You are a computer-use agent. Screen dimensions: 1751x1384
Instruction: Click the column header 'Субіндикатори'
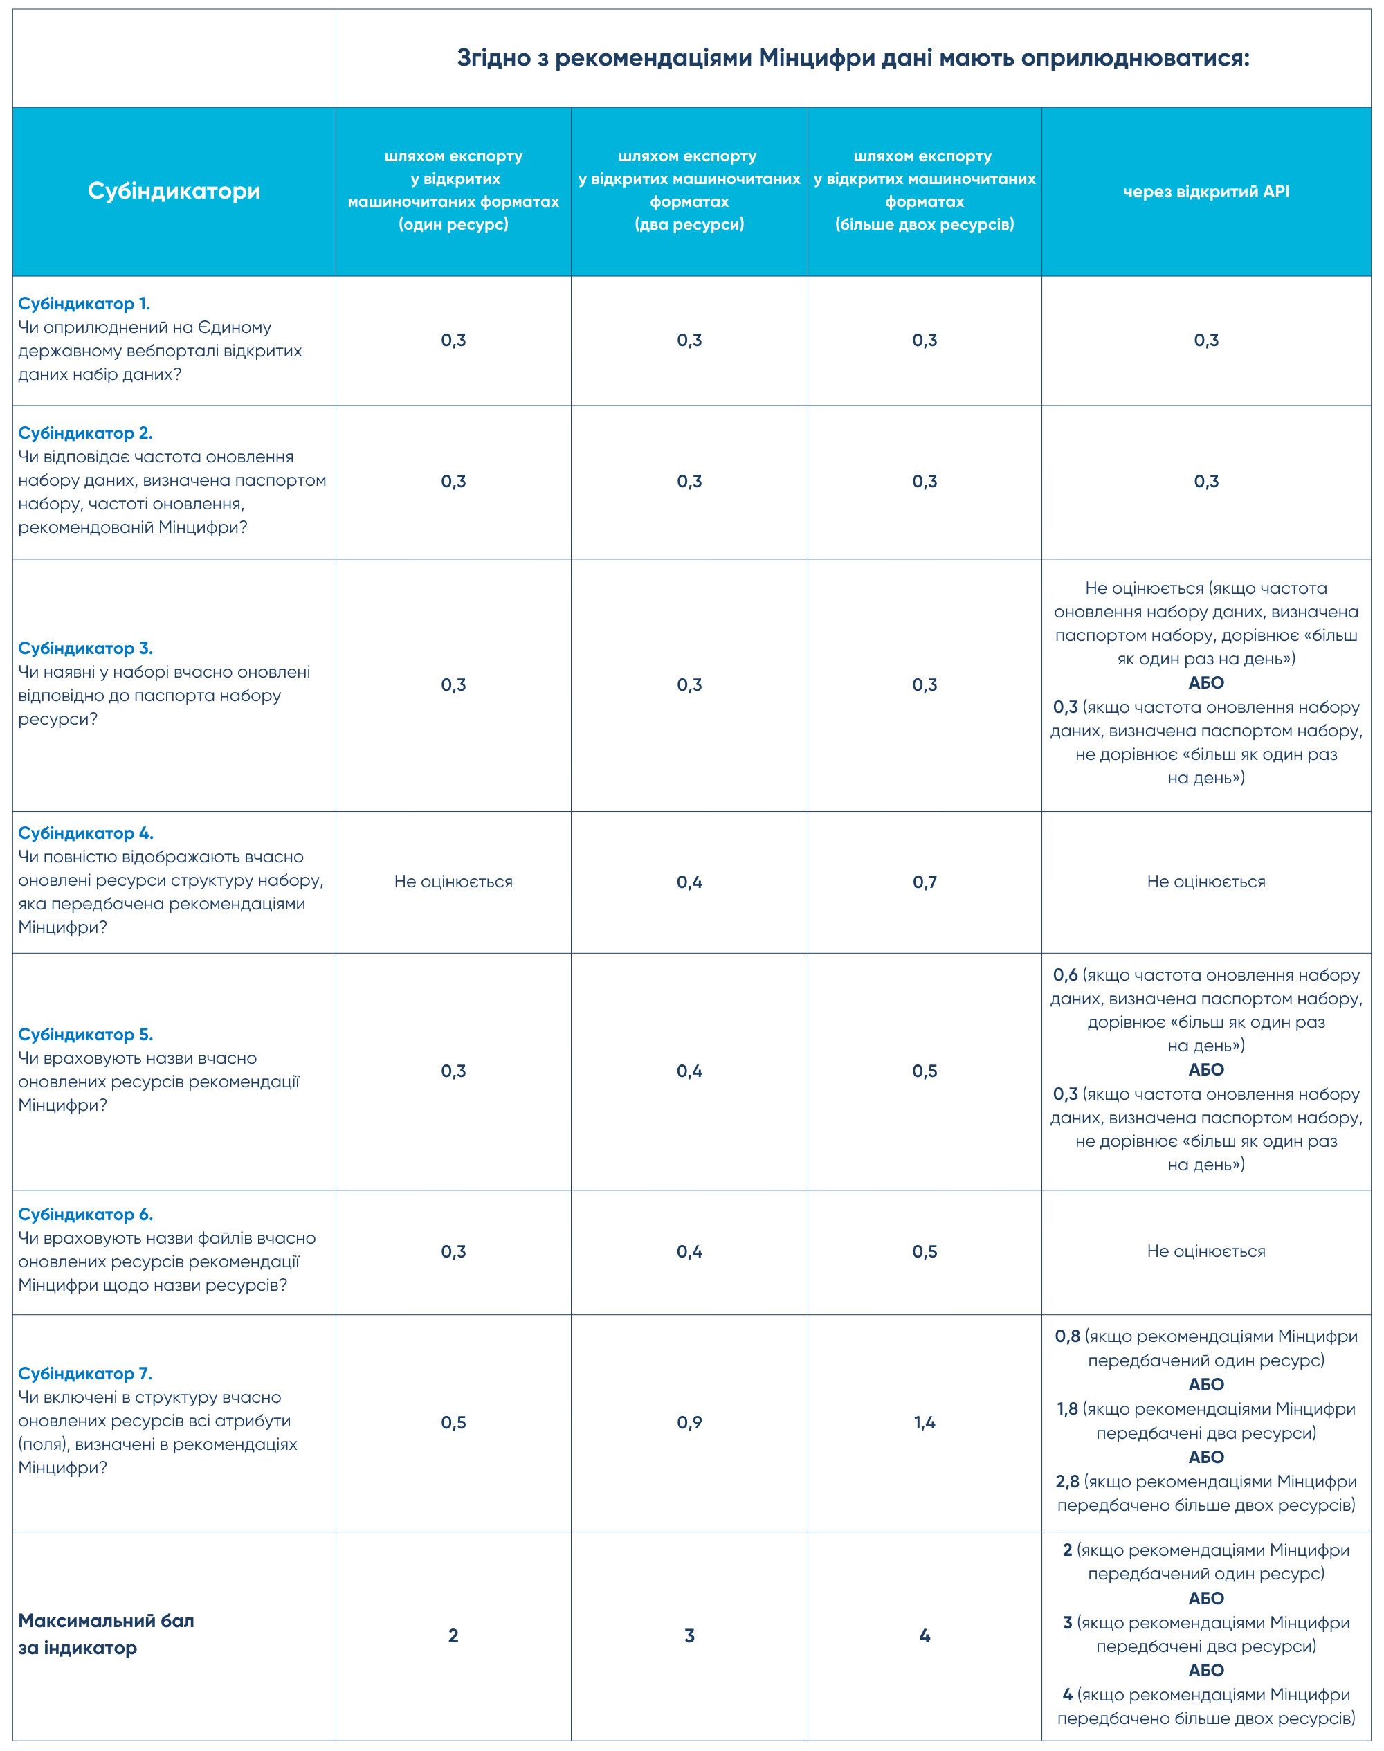174,191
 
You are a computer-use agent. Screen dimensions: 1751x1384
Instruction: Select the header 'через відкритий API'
1205,192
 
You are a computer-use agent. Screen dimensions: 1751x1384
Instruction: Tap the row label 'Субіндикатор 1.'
84,304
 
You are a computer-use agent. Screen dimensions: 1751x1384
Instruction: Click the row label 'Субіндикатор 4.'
86,833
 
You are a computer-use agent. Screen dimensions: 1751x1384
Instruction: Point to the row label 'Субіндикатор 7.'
85,1373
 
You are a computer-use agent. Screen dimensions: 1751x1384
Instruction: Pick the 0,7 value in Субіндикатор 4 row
924,882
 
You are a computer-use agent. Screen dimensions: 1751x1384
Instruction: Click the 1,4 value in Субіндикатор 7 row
924,1422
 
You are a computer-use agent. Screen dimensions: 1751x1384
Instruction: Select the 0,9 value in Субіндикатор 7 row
689,1422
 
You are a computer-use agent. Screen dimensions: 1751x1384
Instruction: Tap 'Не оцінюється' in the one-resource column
453,882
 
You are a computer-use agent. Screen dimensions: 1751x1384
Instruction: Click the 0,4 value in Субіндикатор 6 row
689,1251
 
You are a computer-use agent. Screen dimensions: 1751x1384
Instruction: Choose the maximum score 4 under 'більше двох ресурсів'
924,1635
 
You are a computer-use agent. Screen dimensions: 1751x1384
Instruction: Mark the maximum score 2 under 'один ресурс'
453,1635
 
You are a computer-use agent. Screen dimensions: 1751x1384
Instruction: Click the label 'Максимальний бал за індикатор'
106,1633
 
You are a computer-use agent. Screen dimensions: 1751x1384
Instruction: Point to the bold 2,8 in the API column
1066,1481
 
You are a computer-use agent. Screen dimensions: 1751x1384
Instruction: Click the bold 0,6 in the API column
1065,974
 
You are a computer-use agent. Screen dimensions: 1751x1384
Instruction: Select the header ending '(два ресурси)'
689,224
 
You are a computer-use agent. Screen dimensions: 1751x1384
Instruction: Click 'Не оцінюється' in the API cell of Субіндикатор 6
1205,1251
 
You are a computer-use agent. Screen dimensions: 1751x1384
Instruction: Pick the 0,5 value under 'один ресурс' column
453,1422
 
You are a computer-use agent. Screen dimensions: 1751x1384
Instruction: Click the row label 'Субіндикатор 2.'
85,433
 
